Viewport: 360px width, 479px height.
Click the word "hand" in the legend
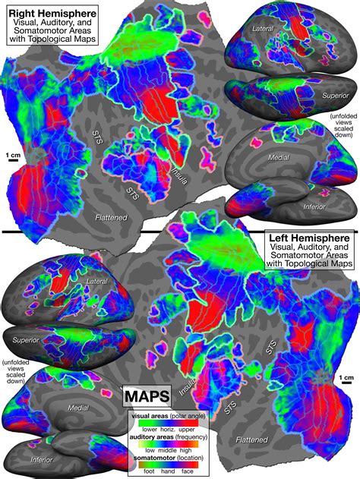click(x=169, y=470)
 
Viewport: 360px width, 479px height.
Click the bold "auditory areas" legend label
click(x=148, y=438)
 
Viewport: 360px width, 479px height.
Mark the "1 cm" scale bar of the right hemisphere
click(x=14, y=158)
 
